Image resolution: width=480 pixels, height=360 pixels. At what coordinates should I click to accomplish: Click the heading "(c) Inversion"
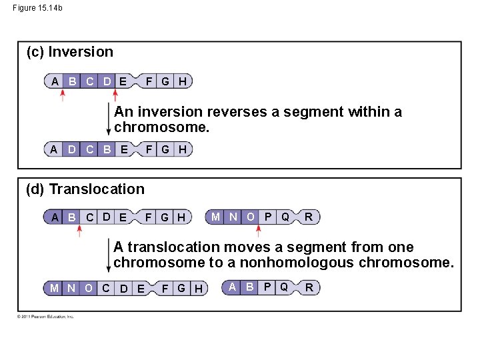pos(69,52)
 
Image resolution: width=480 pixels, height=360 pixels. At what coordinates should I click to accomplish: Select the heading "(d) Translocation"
pos(85,189)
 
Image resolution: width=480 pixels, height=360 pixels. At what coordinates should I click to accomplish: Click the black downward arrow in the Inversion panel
pos(109,120)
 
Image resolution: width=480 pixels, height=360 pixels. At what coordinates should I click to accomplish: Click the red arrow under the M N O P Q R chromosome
pos(259,231)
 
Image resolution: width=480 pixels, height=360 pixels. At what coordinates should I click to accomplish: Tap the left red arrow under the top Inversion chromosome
pos(63,95)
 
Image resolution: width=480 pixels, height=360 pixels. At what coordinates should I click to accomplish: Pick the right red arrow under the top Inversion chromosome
pos(129,95)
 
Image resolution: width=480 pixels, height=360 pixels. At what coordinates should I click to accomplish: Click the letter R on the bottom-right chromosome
pos(309,287)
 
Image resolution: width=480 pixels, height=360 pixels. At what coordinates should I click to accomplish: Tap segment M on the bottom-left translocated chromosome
pos(54,288)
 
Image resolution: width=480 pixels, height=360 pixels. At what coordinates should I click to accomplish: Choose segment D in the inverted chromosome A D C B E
pos(72,149)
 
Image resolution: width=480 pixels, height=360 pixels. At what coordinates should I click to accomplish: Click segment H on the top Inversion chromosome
pos(183,81)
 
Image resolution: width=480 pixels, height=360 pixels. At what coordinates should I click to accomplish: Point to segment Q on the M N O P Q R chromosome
pos(285,216)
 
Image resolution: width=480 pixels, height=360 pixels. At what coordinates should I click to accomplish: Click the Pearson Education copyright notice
pos(46,316)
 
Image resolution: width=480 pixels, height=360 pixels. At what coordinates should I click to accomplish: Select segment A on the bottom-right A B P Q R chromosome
pos(232,287)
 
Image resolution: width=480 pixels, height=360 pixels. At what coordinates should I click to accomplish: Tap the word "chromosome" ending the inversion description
pos(162,127)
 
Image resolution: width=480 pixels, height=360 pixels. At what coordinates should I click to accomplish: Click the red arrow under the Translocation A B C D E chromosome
pos(79,231)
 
